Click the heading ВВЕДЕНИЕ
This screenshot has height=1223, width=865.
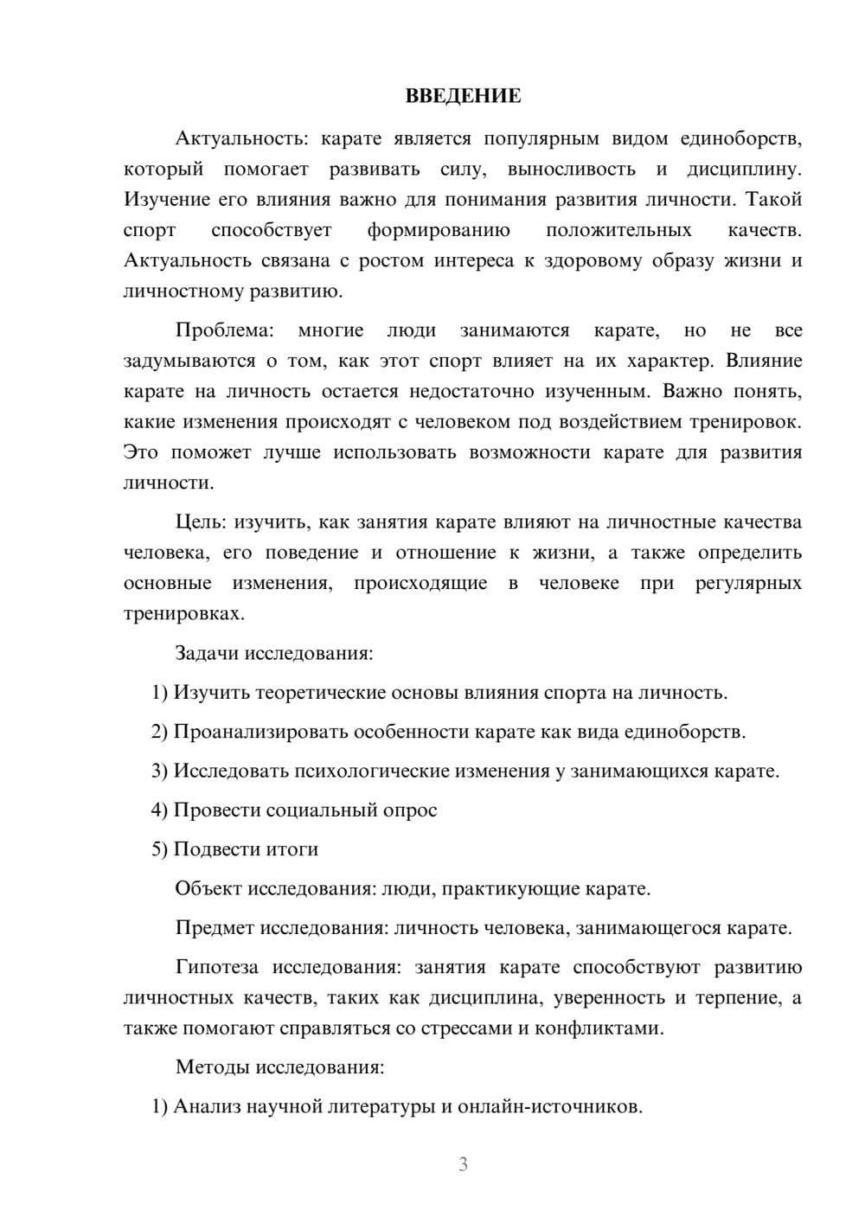pyautogui.click(x=463, y=96)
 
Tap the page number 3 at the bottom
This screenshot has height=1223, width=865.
pyautogui.click(x=463, y=1164)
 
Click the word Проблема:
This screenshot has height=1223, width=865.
pyautogui.click(x=224, y=330)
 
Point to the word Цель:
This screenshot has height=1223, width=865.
pyautogui.click(x=202, y=522)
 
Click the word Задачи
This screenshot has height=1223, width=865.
pyautogui.click(x=207, y=652)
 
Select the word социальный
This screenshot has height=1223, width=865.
pyautogui.click(x=317, y=810)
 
